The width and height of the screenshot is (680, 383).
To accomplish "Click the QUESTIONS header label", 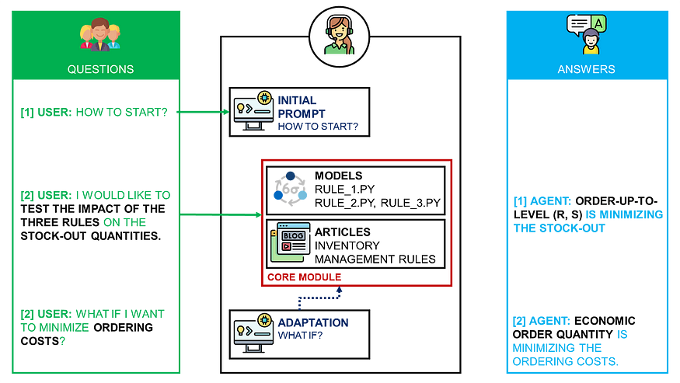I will click(x=100, y=69).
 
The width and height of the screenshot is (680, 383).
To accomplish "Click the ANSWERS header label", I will click(x=586, y=69).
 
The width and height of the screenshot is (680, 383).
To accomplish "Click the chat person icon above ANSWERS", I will click(x=587, y=34).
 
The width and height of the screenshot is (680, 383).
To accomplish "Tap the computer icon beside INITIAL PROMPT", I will click(x=253, y=112).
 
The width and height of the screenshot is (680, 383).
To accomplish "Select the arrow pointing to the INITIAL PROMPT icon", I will click(x=204, y=112).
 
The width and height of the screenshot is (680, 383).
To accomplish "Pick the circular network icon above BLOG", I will click(x=290, y=189).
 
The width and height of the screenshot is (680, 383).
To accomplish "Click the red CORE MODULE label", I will click(x=305, y=277).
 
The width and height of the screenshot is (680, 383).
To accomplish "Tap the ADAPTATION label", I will click(x=313, y=322).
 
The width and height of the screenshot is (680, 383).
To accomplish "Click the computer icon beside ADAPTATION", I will click(x=253, y=329).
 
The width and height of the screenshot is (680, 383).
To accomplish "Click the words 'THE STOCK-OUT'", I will click(x=559, y=228).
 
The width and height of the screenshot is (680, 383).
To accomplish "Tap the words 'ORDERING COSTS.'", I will click(x=565, y=362).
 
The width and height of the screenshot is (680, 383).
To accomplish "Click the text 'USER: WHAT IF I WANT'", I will click(x=92, y=314).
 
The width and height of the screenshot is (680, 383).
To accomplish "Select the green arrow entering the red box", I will click(x=221, y=214).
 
